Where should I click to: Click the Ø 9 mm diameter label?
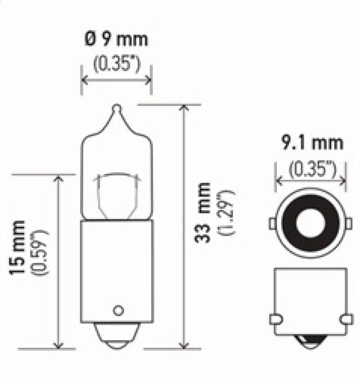pyautogui.click(x=117, y=40)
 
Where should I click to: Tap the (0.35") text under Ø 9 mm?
pyautogui.click(x=117, y=64)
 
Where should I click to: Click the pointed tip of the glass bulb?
pyautogui.click(x=116, y=108)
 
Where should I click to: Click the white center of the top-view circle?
pyautogui.click(x=310, y=223)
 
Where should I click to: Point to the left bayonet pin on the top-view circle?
pyautogui.click(x=273, y=223)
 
